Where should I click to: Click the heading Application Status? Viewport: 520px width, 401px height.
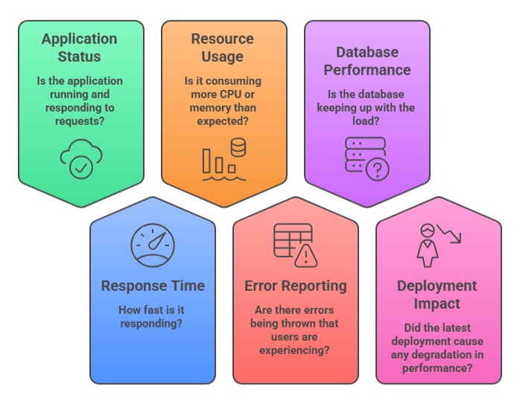coord(79,48)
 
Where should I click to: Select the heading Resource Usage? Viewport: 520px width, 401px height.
coord(222,48)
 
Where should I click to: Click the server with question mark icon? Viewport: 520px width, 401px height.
coord(367,158)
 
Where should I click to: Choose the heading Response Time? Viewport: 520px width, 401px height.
coord(153,286)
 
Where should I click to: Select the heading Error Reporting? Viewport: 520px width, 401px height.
coord(296,286)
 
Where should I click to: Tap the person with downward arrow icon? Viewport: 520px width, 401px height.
coord(438,244)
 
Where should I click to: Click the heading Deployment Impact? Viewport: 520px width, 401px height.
coord(437,295)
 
